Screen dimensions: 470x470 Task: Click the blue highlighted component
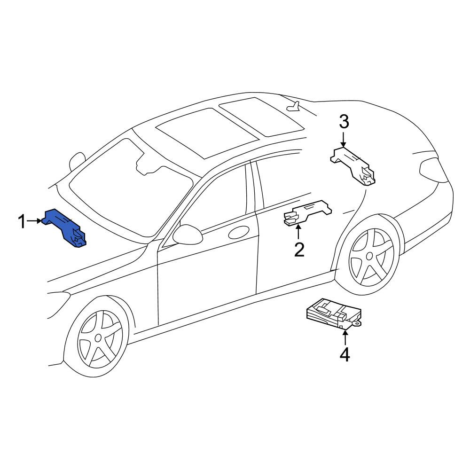[x=64, y=228]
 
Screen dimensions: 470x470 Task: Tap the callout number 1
[x=22, y=221]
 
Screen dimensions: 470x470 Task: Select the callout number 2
[x=299, y=250]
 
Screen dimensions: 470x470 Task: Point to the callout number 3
[x=344, y=122]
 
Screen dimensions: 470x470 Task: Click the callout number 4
[x=345, y=354]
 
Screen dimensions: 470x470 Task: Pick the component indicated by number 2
[x=307, y=213]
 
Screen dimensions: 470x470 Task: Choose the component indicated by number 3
[x=353, y=166]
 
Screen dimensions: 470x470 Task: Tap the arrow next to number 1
[x=34, y=221]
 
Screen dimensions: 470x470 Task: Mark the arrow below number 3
[x=344, y=140]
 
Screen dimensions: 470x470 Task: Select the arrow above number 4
[x=345, y=337]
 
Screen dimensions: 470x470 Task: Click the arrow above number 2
[x=298, y=233]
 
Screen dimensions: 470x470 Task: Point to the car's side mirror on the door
[x=188, y=235]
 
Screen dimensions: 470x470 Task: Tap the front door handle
[x=239, y=232]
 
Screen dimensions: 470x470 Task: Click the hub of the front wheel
[x=98, y=338]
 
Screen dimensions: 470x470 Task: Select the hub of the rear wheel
[x=369, y=256]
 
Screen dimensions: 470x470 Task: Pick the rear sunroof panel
[x=262, y=117]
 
